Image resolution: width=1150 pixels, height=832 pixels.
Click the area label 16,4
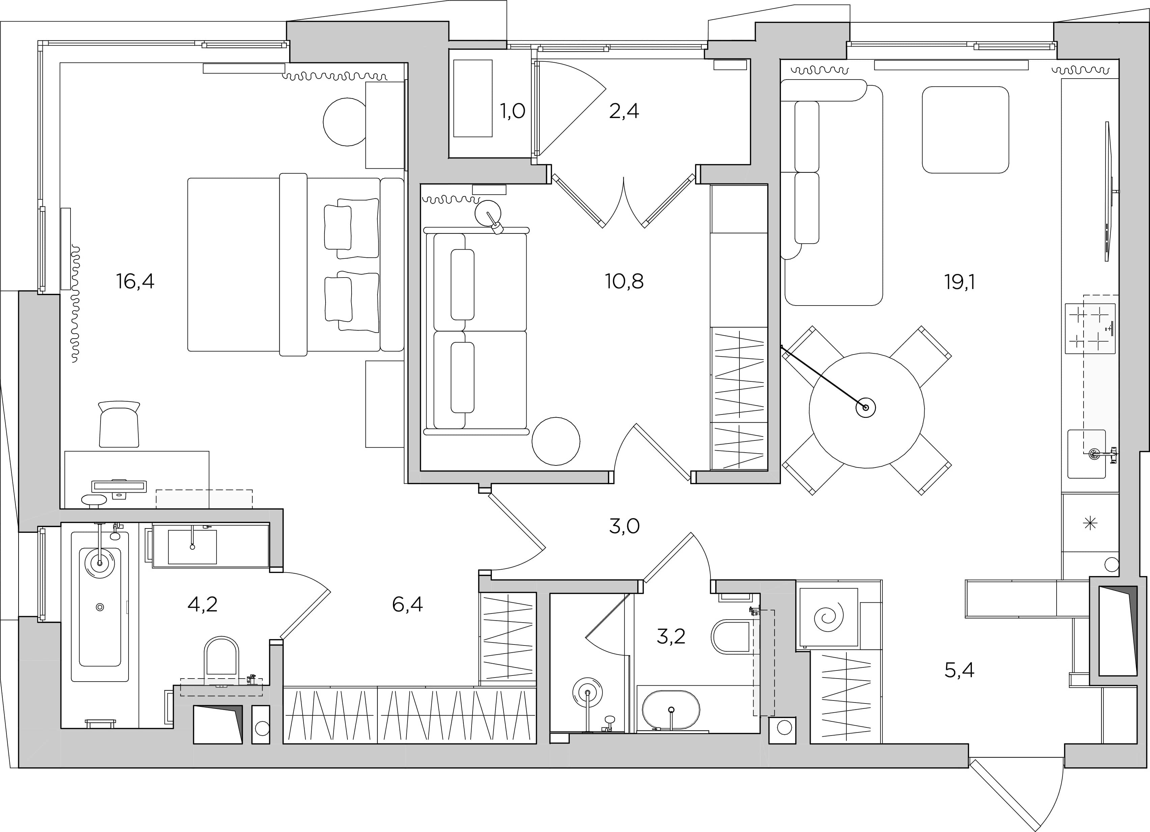click(135, 281)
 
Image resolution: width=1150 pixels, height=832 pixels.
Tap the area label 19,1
click(959, 282)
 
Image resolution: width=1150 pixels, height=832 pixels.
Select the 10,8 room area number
click(624, 281)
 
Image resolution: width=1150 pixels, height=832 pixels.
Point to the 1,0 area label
click(513, 111)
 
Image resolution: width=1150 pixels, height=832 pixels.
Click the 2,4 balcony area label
click(624, 111)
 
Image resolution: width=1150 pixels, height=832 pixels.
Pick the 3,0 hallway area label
click(624, 527)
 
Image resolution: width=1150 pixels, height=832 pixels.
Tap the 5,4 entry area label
click(959, 671)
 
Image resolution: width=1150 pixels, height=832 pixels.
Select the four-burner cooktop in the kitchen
click(1090, 328)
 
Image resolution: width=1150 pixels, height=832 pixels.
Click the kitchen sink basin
click(1087, 454)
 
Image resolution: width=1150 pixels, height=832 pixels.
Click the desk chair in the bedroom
click(119, 424)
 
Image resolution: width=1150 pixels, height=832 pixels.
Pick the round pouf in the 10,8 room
click(556, 441)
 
